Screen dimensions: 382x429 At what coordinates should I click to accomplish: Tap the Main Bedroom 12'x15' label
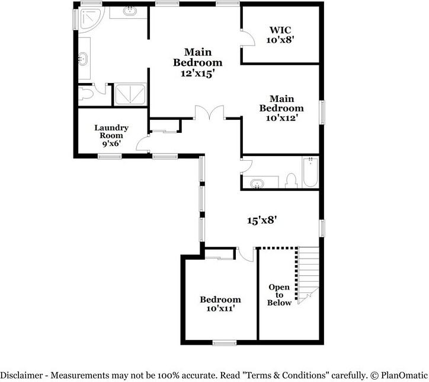pos(197,62)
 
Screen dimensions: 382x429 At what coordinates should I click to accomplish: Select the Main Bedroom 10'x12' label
pos(281,108)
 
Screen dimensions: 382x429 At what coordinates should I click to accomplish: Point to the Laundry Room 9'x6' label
pos(111,135)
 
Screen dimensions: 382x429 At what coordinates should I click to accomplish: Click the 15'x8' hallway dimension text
pos(262,220)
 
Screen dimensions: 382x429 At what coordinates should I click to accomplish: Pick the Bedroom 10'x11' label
pos(220,304)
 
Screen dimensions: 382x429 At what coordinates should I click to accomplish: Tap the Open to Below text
pos(279,295)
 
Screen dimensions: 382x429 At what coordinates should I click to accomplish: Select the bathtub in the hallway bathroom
pos(310,173)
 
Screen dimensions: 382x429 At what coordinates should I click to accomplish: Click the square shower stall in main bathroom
pos(129,94)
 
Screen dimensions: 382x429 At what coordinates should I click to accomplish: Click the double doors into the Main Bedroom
pos(209,113)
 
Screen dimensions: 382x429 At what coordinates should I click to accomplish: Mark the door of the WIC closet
pos(248,37)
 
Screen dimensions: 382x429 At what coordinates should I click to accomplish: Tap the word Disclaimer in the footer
pos(24,375)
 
